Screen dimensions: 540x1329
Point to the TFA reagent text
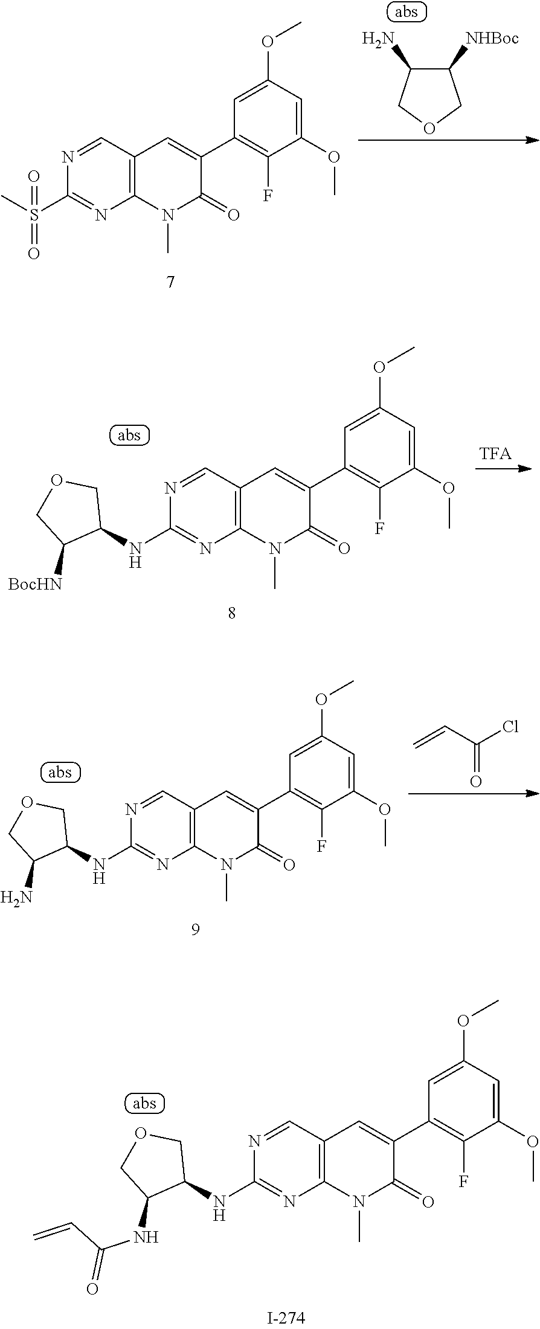[x=495, y=454]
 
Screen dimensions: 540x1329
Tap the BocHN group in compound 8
[x=35, y=584]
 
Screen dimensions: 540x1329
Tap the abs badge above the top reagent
[x=406, y=11]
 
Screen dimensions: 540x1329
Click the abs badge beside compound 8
[x=129, y=435]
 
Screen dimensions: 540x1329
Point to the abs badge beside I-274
[x=144, y=1104]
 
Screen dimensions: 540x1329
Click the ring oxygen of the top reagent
[x=429, y=127]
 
